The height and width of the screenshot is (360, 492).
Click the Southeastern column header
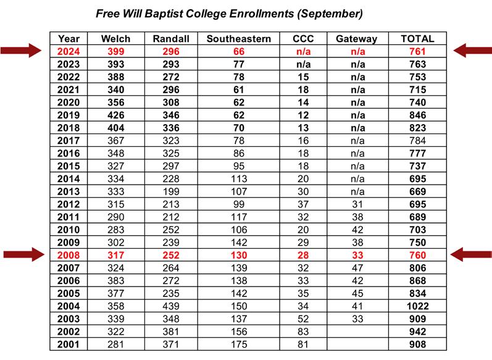(238, 38)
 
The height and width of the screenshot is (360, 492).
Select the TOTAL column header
(417, 38)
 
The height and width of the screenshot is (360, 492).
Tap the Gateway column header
(356, 38)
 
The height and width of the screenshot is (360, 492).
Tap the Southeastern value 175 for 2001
(238, 344)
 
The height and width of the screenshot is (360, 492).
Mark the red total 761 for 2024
(417, 51)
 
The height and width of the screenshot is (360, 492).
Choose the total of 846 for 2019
(417, 114)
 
